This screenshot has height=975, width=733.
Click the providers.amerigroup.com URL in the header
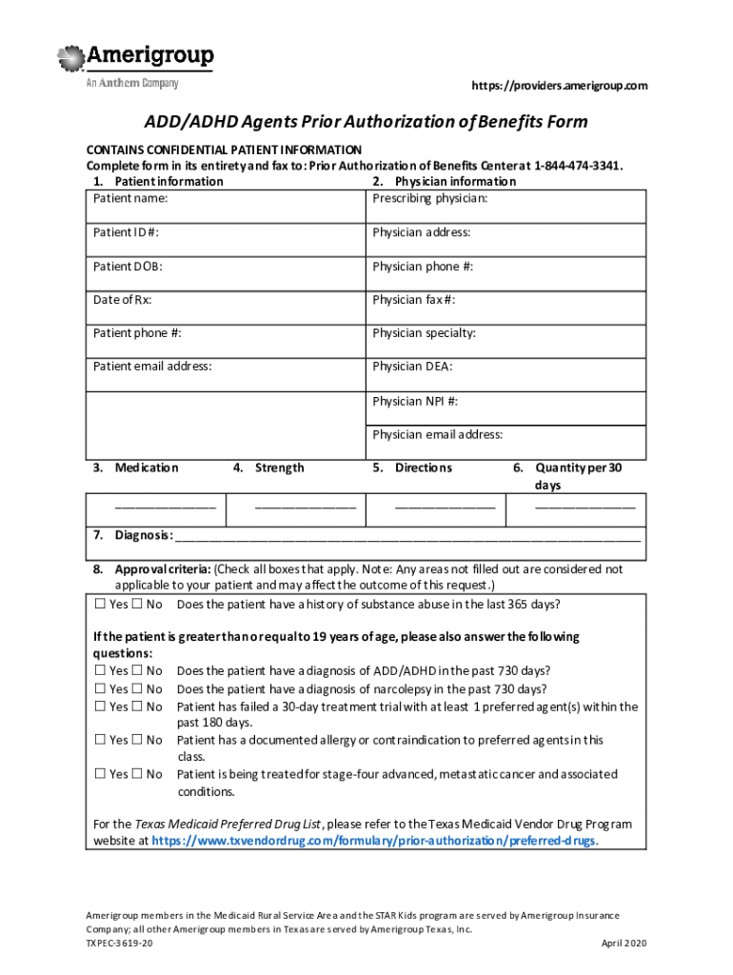click(x=560, y=87)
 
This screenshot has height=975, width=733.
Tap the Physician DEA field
click(x=505, y=368)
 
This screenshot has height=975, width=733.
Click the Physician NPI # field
click(x=505, y=402)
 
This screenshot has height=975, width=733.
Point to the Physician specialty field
click(x=505, y=334)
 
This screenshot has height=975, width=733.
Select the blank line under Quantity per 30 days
click(x=584, y=506)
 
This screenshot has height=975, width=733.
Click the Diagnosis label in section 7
click(x=143, y=535)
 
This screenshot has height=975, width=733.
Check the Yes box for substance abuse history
click(x=100, y=606)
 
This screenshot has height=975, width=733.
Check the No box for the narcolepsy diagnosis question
click(x=137, y=689)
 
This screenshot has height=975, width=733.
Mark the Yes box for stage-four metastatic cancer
click(x=100, y=775)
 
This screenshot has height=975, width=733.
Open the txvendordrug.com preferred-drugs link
click(x=374, y=842)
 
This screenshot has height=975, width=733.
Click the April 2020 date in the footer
click(x=623, y=943)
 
